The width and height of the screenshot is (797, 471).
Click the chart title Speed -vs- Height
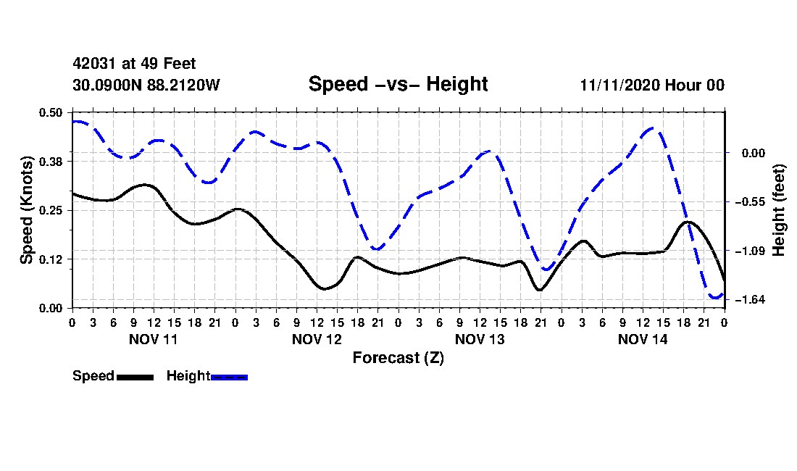tap(398, 84)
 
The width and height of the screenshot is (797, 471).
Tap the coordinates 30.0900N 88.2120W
tap(146, 85)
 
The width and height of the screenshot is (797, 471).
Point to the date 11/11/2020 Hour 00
tap(652, 85)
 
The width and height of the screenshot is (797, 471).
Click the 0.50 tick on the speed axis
tap(51, 112)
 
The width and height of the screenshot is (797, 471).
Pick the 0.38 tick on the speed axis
tap(51, 162)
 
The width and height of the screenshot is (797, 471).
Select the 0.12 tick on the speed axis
tap(51, 259)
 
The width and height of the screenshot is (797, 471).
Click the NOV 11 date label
tap(154, 339)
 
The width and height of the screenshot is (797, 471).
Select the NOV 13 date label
tap(480, 339)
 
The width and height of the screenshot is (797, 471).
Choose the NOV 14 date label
tap(643, 339)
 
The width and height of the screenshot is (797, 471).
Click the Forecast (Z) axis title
tap(398, 358)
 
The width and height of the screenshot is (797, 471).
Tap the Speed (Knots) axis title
tap(27, 210)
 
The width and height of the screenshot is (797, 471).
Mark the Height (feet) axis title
tap(778, 210)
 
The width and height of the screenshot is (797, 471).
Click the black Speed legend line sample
tap(135, 377)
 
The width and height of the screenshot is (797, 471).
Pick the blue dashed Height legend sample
tap(229, 377)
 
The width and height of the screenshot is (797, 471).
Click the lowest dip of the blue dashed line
tap(716, 298)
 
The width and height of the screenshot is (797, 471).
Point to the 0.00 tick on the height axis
tap(754, 153)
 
